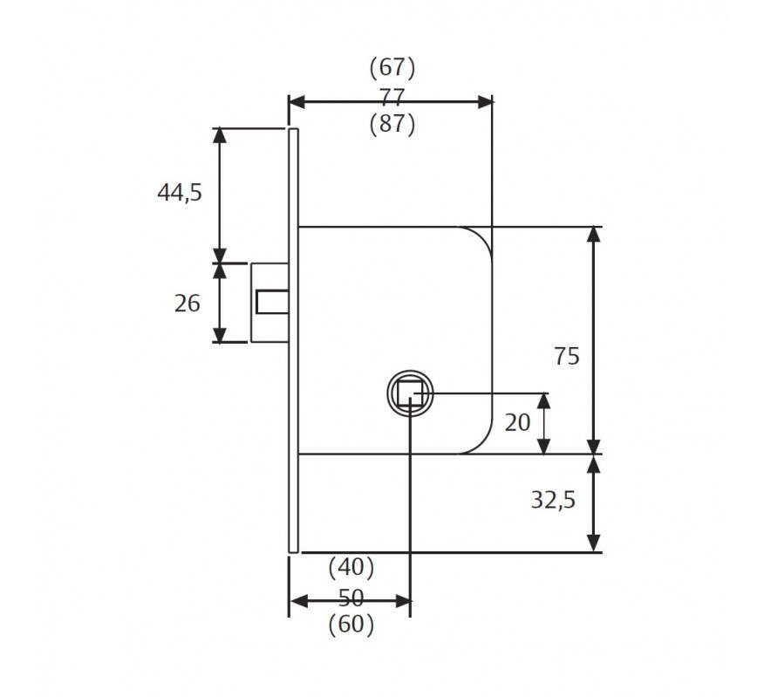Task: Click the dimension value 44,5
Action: pyautogui.click(x=180, y=193)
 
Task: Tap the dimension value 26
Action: pyautogui.click(x=188, y=304)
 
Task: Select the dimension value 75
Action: pyautogui.click(x=567, y=356)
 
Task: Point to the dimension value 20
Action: pyautogui.click(x=517, y=422)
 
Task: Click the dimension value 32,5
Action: pyautogui.click(x=553, y=500)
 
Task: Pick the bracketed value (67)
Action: pyautogui.click(x=392, y=67)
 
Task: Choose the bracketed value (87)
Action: pyautogui.click(x=392, y=124)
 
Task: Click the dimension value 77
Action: pyautogui.click(x=392, y=96)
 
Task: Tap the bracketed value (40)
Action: pyautogui.click(x=351, y=567)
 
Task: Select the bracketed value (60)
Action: pyautogui.click(x=351, y=624)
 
